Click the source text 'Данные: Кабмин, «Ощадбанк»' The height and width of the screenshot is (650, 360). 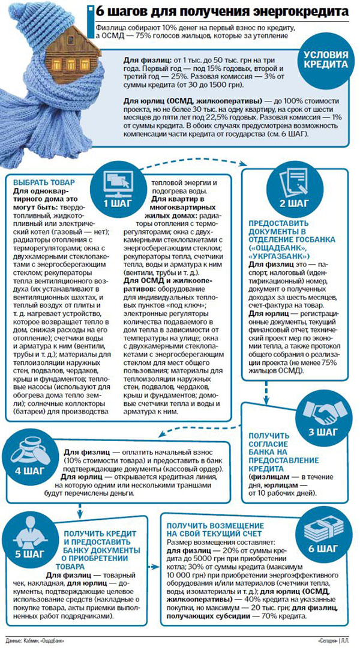(x=34, y=642)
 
